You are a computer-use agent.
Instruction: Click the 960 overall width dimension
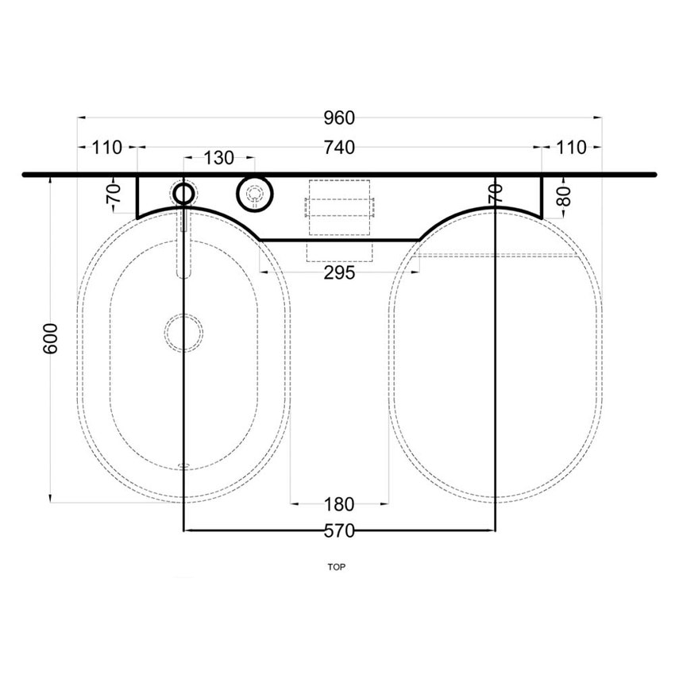point(339,118)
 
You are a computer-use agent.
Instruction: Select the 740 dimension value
point(339,147)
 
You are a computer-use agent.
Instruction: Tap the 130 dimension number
point(218,158)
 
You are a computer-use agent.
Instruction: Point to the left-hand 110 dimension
point(106,147)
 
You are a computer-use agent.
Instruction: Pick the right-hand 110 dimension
point(571,147)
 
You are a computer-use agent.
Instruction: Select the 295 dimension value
point(339,272)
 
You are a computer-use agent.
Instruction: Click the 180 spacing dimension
point(339,503)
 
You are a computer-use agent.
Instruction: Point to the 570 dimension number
point(339,531)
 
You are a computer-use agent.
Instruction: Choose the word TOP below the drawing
point(338,567)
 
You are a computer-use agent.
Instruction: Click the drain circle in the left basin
point(183,332)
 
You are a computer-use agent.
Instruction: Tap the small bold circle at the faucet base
point(183,192)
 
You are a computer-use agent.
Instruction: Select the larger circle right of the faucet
point(254,193)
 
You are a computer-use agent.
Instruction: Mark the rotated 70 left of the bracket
point(114,193)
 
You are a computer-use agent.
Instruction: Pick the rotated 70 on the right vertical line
point(495,193)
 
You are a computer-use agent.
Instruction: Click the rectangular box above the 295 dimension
point(339,208)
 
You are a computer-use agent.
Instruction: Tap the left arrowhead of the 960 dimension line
point(80,118)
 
